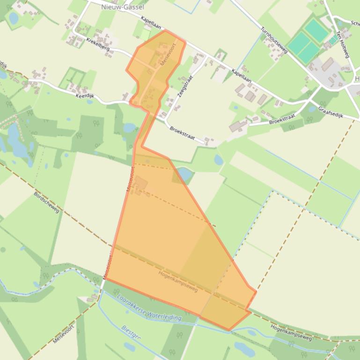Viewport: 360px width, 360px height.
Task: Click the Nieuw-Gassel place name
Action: click(x=123, y=7)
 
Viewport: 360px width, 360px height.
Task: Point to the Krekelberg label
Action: click(x=97, y=43)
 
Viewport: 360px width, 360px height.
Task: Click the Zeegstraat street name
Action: click(x=185, y=86)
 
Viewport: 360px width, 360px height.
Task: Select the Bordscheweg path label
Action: click(x=47, y=202)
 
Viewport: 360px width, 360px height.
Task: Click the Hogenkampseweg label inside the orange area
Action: click(x=178, y=281)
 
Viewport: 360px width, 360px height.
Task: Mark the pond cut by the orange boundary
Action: click(x=184, y=174)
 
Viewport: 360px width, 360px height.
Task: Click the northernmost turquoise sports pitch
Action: click(x=317, y=31)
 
